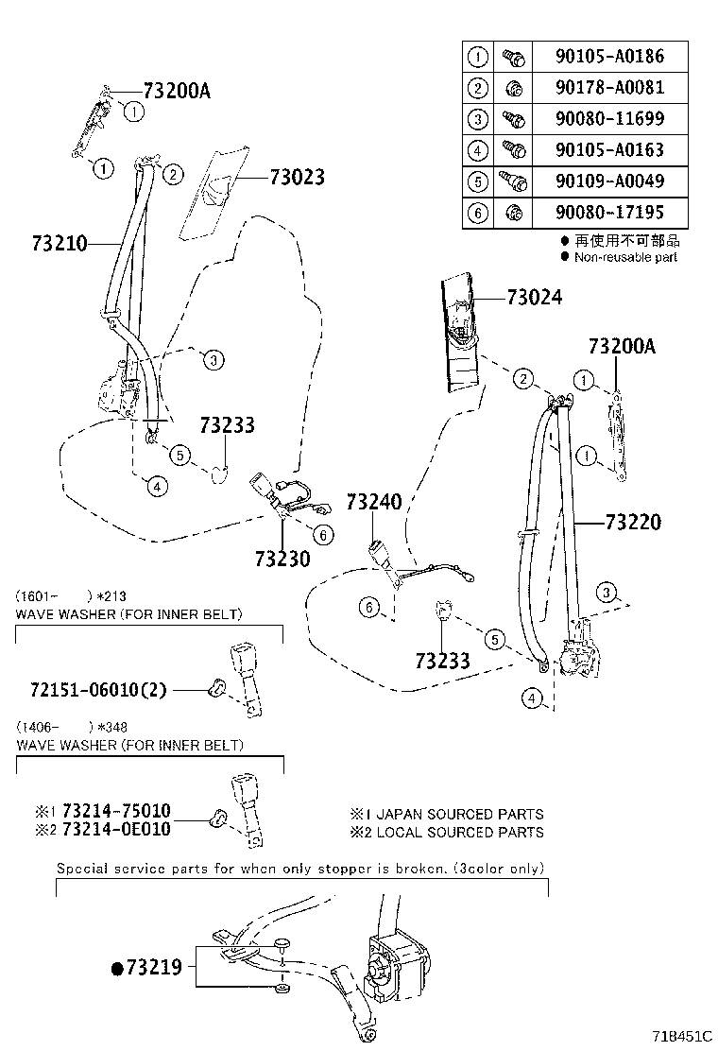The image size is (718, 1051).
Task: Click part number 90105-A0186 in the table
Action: pos(610,57)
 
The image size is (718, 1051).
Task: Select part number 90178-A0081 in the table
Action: pos(610,88)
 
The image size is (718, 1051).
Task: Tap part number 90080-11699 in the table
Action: pos(610,119)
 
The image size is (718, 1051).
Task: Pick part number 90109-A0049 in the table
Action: pos(610,181)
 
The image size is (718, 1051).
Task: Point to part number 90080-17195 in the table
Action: pos(610,213)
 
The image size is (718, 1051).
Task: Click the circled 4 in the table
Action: pos(478,150)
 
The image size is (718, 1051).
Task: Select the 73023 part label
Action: pos(297,177)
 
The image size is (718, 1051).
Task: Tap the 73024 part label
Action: pos(534,298)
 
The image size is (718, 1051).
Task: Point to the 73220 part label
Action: pos(633,522)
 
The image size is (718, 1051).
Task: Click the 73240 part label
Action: pos(373,502)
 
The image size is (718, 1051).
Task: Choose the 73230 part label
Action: pos(282,559)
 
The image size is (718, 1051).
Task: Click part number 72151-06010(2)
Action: pos(91,690)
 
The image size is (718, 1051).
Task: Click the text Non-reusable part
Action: pos(625,257)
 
